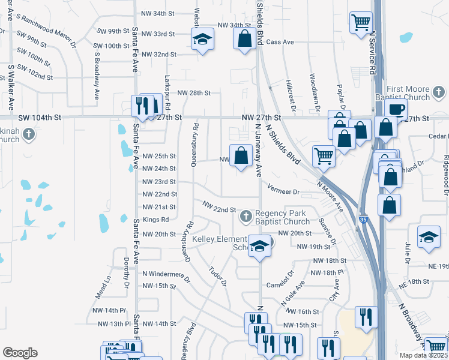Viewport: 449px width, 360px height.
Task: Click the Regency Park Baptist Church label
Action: pyautogui.click(x=281, y=217)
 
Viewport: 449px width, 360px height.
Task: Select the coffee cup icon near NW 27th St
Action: pyautogui.click(x=397, y=110)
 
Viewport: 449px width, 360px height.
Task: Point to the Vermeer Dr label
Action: pyautogui.click(x=283, y=191)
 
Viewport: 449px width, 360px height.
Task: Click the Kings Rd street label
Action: pyautogui.click(x=155, y=220)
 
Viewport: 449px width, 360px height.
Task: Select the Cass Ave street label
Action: pyautogui.click(x=280, y=42)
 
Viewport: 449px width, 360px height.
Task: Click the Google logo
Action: pyautogui.click(x=20, y=353)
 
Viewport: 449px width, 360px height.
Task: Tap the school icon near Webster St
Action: pyautogui.click(x=203, y=40)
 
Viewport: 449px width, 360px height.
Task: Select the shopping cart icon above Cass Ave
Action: pyautogui.click(x=361, y=23)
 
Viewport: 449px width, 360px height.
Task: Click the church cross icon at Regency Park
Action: pyautogui.click(x=246, y=216)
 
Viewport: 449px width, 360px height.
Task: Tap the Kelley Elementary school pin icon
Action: pyautogui.click(x=259, y=247)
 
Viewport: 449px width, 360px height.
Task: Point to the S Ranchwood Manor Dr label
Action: pyautogui.click(x=47, y=30)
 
